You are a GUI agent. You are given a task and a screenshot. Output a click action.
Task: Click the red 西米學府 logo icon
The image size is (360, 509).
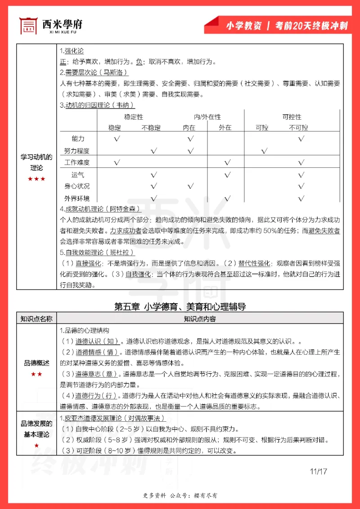point(28,26)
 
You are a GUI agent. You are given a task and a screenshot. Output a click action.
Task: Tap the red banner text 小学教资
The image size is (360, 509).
point(243,26)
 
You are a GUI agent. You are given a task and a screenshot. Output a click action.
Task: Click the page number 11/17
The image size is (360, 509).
point(318,472)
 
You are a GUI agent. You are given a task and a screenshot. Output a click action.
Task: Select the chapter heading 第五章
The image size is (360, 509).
point(128,307)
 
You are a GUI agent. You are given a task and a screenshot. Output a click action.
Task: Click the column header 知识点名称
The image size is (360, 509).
point(36,319)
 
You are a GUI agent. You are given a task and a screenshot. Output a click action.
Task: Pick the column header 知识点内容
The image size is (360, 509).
point(199,319)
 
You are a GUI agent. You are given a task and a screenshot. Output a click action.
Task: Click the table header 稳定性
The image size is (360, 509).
point(134,117)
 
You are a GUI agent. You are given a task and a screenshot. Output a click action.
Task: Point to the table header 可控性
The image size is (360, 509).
point(292,117)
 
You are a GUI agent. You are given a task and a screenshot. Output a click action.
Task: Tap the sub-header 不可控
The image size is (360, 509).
point(298,128)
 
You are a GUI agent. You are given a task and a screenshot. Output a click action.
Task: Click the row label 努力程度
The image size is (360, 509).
point(77,151)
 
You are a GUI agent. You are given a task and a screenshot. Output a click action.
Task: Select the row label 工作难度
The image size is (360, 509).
point(77,162)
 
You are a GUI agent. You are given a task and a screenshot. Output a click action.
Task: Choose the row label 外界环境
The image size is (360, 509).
point(77,198)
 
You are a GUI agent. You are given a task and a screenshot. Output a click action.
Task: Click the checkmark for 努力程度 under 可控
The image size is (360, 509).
point(264,151)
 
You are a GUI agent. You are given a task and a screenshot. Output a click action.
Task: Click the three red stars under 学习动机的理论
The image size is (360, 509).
point(36,179)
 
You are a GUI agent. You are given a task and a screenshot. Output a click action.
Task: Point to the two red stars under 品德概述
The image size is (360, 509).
point(36,374)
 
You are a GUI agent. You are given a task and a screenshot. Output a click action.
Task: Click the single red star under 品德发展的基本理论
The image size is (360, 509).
point(36,446)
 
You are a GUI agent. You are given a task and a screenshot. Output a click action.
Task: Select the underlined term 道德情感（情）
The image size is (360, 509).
point(97,352)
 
